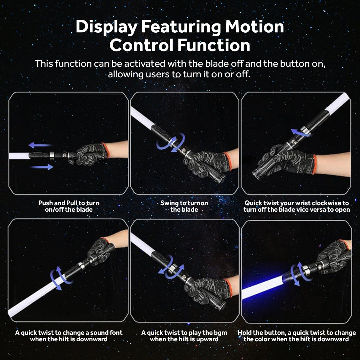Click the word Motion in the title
point(254,27)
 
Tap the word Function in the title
point(214,45)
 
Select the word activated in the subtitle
point(145,64)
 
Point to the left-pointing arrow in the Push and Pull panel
point(40,145)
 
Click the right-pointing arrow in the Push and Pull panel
point(42,167)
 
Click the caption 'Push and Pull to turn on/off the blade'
point(69,206)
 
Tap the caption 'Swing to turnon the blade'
point(184,206)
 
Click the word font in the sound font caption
point(116,333)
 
